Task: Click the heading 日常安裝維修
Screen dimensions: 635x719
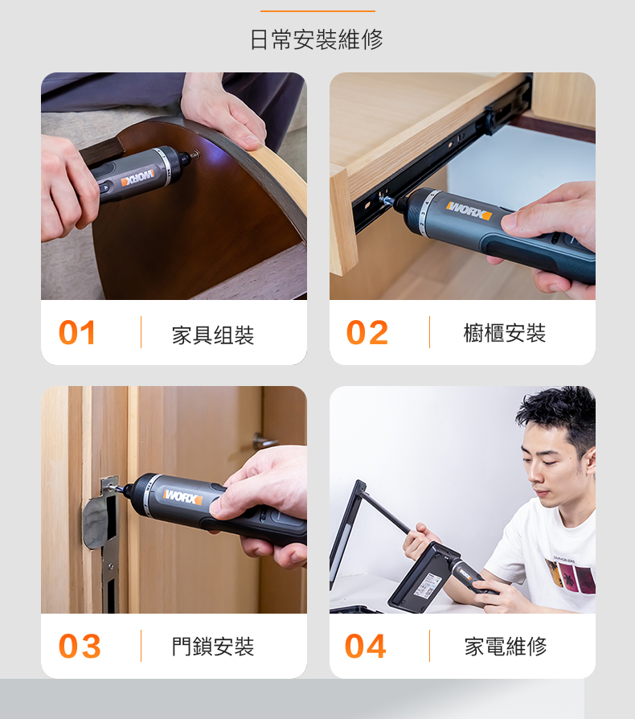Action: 317,39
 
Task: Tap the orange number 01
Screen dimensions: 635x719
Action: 77,332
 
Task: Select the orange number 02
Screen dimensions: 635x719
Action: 367,332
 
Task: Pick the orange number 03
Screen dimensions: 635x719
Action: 80,646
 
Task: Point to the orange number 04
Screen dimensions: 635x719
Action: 365,646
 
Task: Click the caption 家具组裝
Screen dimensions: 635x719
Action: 213,335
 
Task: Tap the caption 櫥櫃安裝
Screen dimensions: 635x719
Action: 505,334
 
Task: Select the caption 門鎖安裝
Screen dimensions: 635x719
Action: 213,647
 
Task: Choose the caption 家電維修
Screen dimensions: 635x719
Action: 506,647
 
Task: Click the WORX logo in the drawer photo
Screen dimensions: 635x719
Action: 469,211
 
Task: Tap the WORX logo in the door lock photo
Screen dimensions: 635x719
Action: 182,496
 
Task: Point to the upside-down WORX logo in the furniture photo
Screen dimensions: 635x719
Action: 137,178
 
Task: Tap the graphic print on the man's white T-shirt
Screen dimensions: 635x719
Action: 570,574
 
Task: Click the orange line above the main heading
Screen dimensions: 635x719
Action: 317,11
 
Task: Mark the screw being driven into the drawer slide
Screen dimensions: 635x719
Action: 386,199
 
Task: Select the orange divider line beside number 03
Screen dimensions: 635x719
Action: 141,646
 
